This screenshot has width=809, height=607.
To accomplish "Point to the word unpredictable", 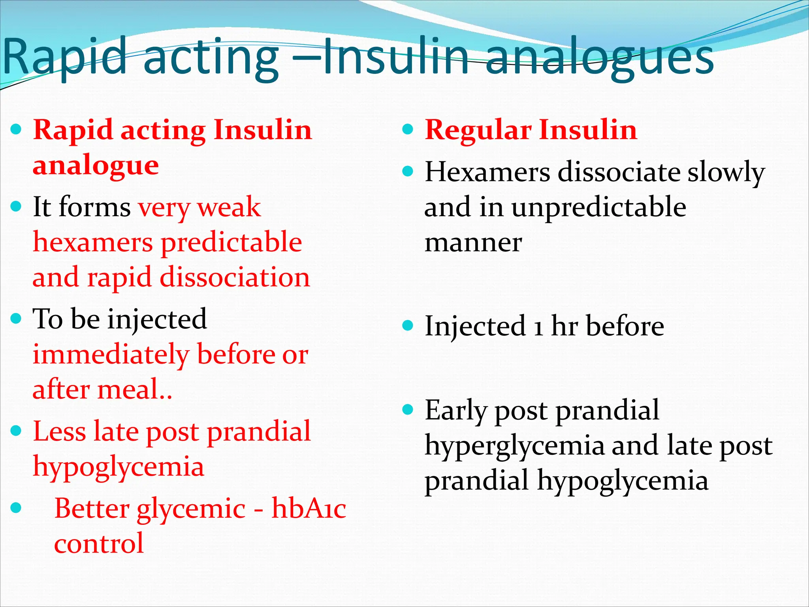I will click(599, 207).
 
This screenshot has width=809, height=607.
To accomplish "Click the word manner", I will click(473, 242).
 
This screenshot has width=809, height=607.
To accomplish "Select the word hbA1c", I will click(309, 509).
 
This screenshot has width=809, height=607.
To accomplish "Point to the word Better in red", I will click(92, 509).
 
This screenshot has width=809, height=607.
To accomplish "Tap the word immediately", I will click(111, 354).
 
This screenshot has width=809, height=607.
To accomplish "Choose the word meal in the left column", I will click(128, 389).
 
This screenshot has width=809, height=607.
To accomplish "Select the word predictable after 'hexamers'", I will click(232, 242).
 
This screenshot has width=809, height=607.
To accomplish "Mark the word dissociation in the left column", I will click(235, 277).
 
